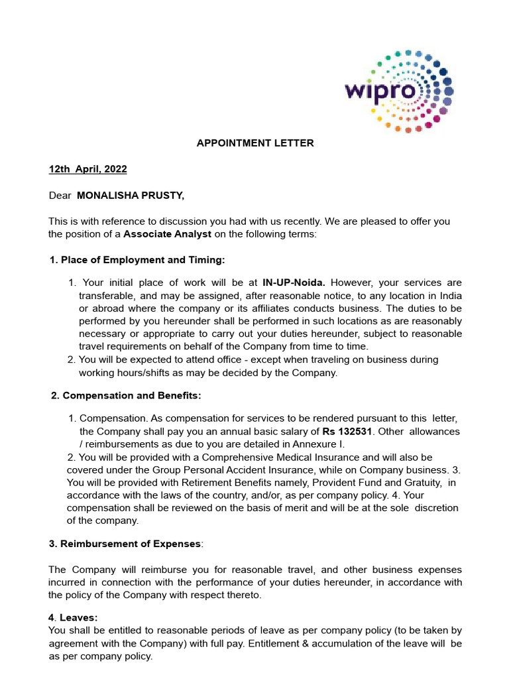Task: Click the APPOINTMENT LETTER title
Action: click(255, 143)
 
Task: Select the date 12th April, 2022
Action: click(87, 169)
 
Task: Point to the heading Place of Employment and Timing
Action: click(142, 259)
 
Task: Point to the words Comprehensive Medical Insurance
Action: click(274, 458)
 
